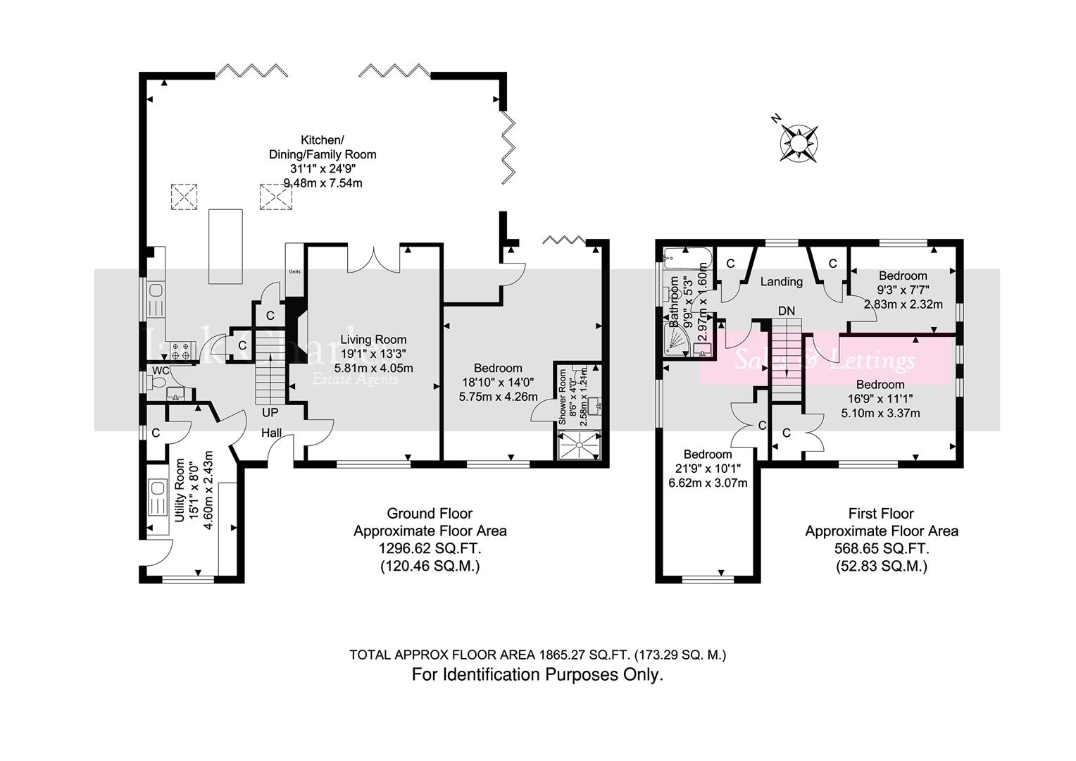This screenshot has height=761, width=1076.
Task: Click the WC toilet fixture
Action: coord(158,383)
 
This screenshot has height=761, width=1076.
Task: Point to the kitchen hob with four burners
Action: coord(180,351)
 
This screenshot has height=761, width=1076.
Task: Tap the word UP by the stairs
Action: coord(270,412)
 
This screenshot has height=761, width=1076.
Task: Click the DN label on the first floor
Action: coord(786,311)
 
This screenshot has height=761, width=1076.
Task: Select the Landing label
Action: coord(781,282)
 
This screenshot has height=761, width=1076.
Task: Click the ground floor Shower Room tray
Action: coord(580,446)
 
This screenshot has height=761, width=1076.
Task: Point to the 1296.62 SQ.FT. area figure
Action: coord(430,548)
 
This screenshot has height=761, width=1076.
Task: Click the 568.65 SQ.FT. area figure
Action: coord(882,548)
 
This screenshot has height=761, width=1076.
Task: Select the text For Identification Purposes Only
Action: coord(537,674)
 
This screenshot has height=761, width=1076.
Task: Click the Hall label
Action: coord(272,433)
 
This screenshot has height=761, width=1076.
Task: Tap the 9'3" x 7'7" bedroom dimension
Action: coord(902,289)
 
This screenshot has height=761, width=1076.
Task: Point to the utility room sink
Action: coord(156,488)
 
